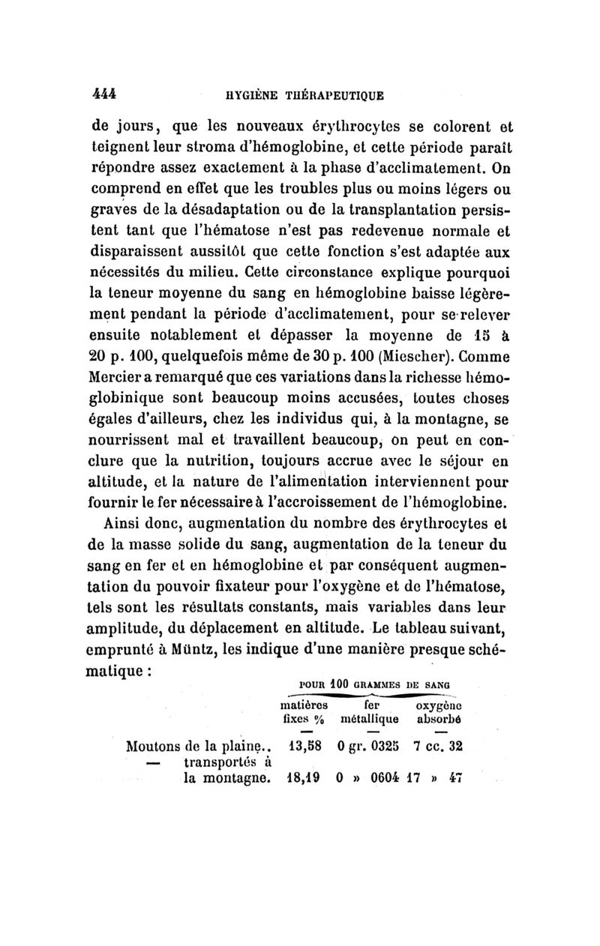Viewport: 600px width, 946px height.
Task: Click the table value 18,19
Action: point(303,779)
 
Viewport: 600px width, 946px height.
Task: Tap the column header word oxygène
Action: point(439,705)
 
